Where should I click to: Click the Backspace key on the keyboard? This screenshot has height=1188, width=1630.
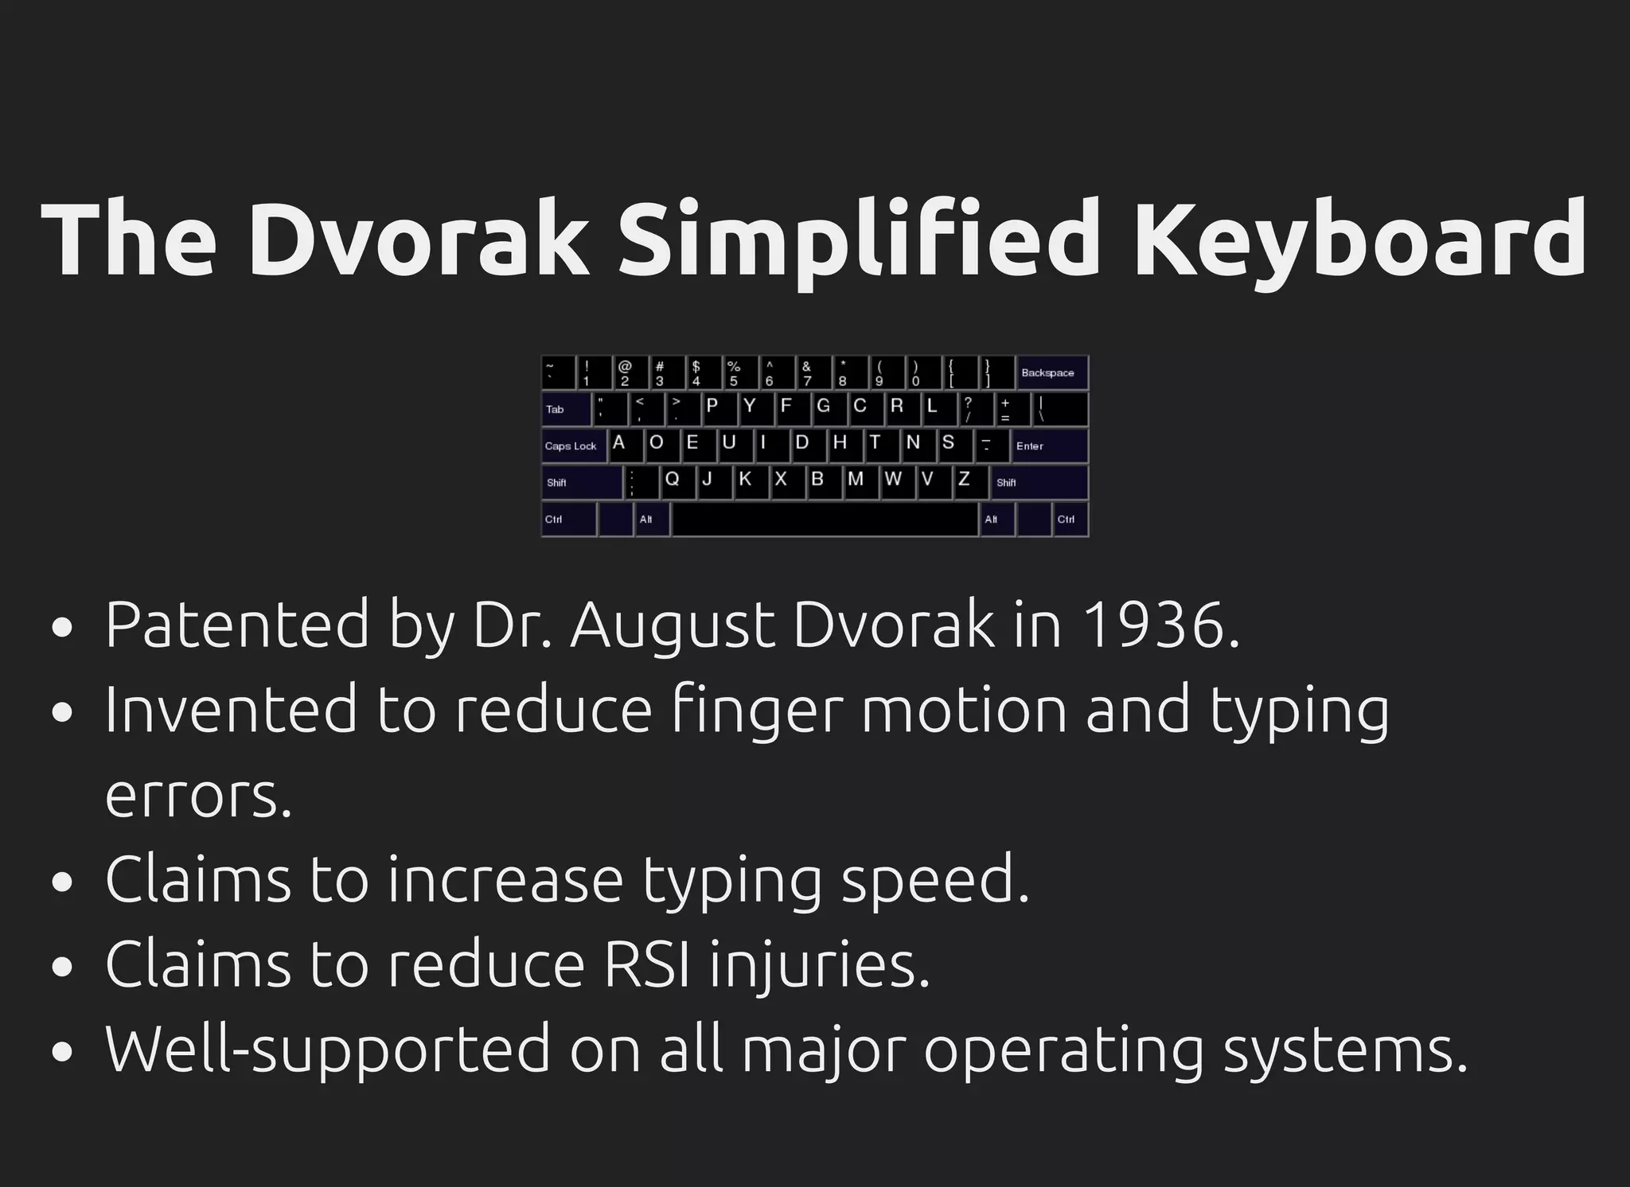click(1051, 372)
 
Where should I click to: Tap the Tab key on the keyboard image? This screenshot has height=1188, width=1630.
click(566, 409)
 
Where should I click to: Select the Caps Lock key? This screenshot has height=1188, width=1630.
click(573, 446)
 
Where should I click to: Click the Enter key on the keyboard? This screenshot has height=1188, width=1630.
click(1049, 446)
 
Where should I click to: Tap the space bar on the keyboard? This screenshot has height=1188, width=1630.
click(825, 520)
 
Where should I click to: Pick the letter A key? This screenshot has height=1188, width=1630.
click(625, 445)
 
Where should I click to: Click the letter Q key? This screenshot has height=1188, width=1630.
click(678, 481)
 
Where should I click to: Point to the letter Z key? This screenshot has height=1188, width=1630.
click(970, 481)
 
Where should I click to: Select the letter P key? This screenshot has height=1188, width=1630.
click(718, 408)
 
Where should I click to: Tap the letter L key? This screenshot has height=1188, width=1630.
click(938, 408)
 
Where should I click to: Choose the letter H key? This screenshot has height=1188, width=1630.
click(845, 445)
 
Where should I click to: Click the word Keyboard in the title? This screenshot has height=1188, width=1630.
click(1359, 240)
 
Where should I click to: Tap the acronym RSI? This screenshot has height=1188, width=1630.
click(647, 964)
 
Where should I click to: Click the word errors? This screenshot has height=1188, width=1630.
click(198, 796)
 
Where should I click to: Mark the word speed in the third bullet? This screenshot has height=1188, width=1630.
click(935, 880)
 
